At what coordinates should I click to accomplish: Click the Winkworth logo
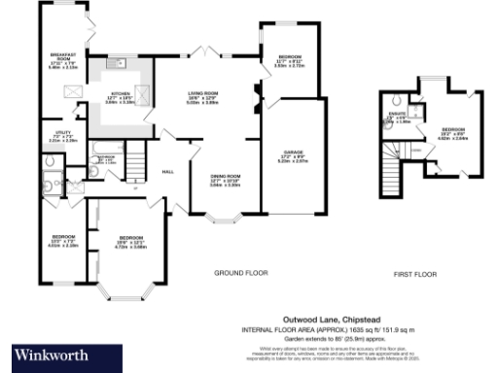coord(52,353)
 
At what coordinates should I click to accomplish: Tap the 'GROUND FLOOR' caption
coord(240,274)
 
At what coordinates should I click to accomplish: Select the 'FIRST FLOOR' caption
coord(417,274)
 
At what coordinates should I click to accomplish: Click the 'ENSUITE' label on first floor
coord(397,118)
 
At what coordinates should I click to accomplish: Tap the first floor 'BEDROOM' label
coord(454,130)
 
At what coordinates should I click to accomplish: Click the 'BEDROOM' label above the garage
coord(289,57)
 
